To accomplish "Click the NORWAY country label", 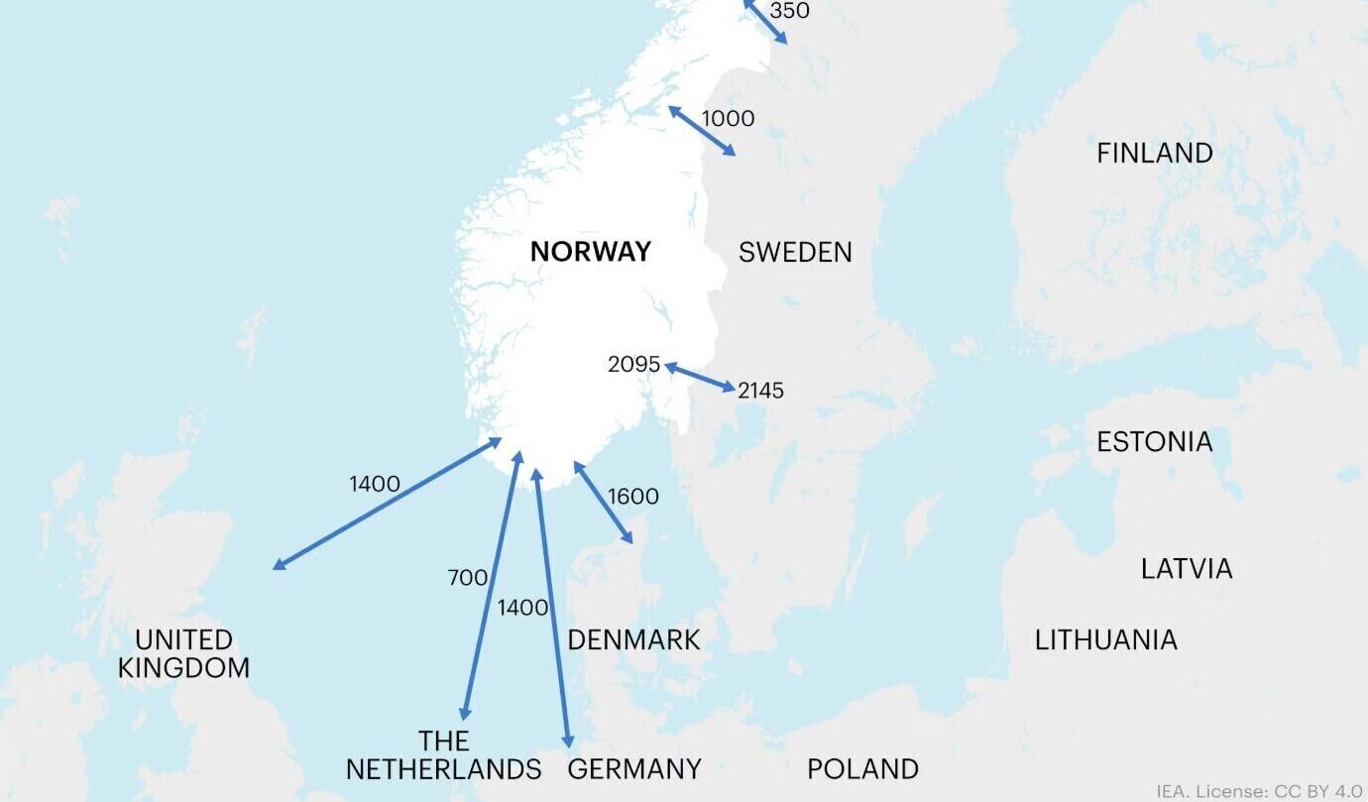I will [x=590, y=252].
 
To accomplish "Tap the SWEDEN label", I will [x=795, y=252].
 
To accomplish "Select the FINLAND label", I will [x=1154, y=154].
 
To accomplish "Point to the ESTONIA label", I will [x=1154, y=441].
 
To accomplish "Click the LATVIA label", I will [x=1187, y=569].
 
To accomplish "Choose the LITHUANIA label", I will [x=1105, y=640].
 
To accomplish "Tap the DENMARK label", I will [x=633, y=640].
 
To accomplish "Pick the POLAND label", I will [x=862, y=769].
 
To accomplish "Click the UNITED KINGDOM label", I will [x=183, y=654].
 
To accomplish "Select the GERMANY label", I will [x=634, y=769].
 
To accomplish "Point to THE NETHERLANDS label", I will [x=443, y=755].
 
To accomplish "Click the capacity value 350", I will [x=789, y=11].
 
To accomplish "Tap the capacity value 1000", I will [x=728, y=119].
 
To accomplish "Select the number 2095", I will [x=633, y=365].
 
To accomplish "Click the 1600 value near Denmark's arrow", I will [x=632, y=497].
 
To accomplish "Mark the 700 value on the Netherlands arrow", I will [x=467, y=578].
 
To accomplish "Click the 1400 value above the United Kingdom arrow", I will [x=374, y=485].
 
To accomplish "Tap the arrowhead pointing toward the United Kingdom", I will [x=277, y=566].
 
